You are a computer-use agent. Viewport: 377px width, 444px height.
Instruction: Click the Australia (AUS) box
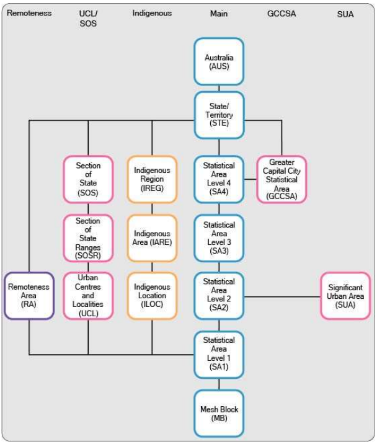(x=219, y=61)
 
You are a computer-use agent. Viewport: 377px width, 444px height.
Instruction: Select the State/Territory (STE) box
(x=219, y=115)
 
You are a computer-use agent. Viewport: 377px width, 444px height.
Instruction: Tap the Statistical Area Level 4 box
(x=219, y=180)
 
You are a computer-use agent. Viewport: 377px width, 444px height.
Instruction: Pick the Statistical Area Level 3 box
(x=219, y=238)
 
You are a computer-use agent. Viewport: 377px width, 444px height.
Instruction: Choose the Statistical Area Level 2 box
(x=219, y=295)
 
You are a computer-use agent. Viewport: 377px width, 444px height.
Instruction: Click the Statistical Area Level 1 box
(x=219, y=354)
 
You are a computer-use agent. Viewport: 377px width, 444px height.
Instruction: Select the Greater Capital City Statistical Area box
(x=282, y=180)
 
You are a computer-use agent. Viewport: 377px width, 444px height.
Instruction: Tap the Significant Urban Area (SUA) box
(x=345, y=296)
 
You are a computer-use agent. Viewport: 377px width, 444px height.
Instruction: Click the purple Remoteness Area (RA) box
(x=29, y=296)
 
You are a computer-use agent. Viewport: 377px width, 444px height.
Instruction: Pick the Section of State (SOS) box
(x=88, y=180)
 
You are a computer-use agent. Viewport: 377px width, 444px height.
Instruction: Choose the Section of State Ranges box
(x=88, y=238)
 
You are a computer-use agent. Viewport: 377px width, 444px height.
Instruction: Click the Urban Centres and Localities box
(x=88, y=296)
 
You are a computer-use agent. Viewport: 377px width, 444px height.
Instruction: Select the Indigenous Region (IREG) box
(x=152, y=180)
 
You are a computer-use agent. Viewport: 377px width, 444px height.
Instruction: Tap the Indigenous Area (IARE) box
(x=152, y=238)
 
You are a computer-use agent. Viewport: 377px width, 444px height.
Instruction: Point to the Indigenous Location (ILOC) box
(x=152, y=296)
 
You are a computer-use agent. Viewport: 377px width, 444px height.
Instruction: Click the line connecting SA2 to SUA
(x=282, y=296)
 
